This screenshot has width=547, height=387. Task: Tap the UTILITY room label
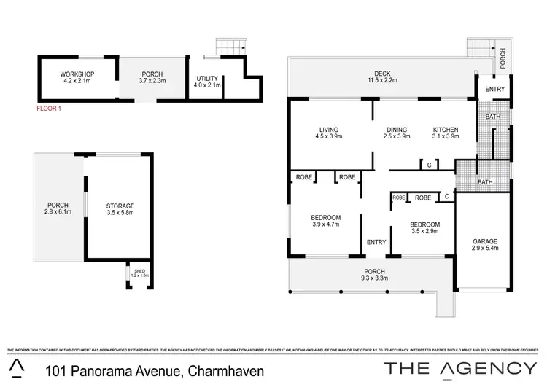pyautogui.click(x=208, y=78)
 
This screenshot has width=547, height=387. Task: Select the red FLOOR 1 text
pyautogui.click(x=50, y=108)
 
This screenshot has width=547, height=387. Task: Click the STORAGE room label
pyautogui.click(x=120, y=206)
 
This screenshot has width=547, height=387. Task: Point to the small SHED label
pyautogui.click(x=140, y=270)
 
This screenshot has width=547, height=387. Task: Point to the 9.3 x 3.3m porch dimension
pyautogui.click(x=375, y=278)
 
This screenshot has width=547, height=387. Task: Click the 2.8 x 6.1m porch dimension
pyautogui.click(x=58, y=212)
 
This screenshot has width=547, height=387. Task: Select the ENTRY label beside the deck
pyautogui.click(x=495, y=89)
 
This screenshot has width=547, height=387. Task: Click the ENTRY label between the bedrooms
pyautogui.click(x=376, y=242)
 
